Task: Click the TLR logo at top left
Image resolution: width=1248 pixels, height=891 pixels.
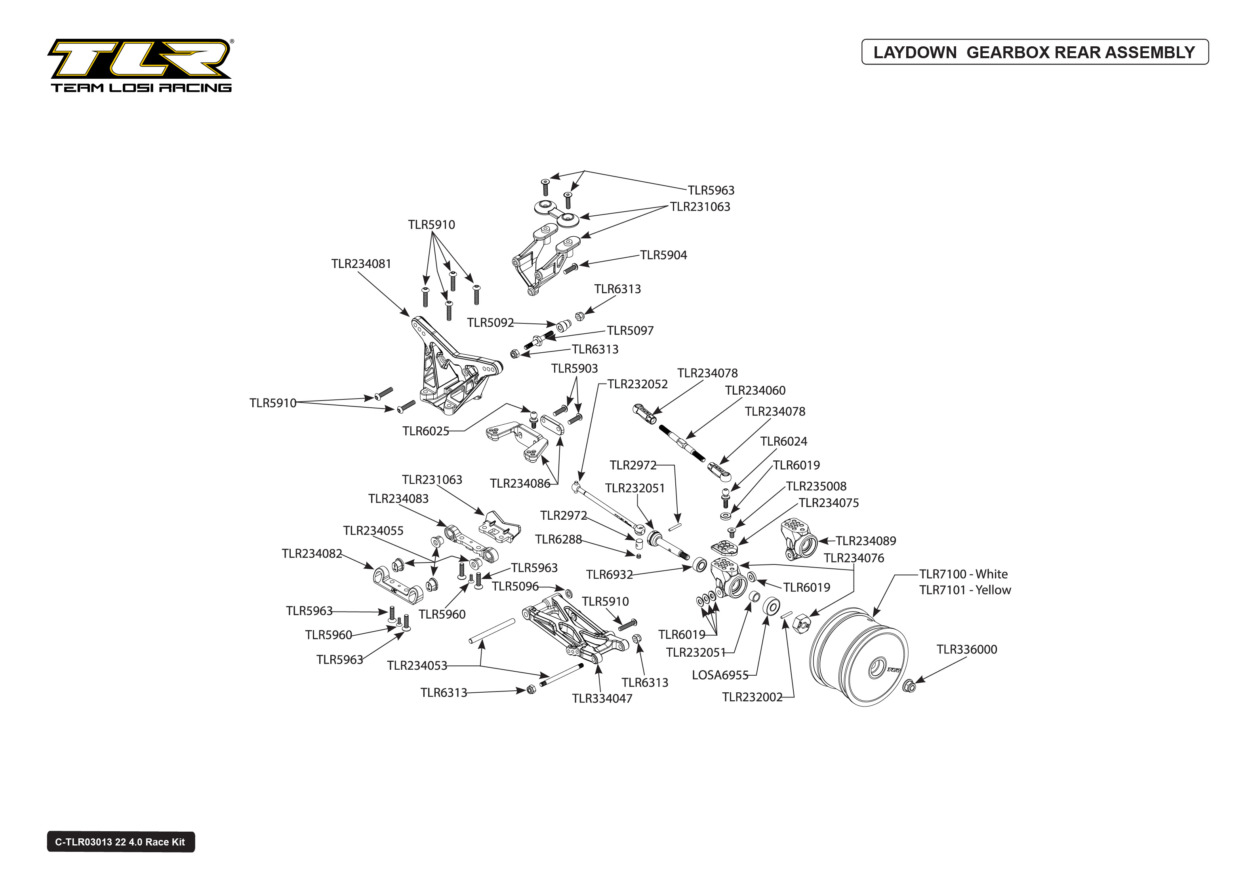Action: click(140, 65)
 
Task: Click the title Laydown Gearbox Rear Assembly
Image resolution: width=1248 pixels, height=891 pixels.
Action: click(1034, 52)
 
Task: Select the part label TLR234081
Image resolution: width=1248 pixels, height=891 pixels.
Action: click(361, 264)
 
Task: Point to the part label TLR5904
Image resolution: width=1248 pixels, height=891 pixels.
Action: click(663, 255)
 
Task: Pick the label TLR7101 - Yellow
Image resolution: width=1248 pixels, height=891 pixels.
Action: click(965, 590)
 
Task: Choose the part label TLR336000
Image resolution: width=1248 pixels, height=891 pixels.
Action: click(966, 650)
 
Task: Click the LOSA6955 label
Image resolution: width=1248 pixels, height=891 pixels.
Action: click(720, 675)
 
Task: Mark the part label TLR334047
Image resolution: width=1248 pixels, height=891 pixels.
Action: click(602, 698)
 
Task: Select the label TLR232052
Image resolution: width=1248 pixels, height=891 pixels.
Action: click(637, 384)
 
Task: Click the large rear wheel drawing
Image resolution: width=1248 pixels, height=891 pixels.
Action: click(859, 655)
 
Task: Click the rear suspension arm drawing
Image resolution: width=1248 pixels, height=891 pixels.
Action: click(574, 631)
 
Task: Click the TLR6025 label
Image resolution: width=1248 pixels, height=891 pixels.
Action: click(425, 431)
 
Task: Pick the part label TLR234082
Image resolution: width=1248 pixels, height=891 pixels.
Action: click(312, 554)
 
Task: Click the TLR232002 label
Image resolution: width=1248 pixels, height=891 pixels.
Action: click(752, 697)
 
